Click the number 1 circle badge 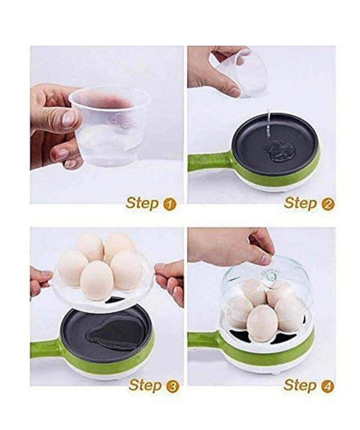click(x=170, y=204)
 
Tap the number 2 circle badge click(x=328, y=204)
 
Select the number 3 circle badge click(x=173, y=387)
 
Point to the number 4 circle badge click(x=328, y=387)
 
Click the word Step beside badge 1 click(x=143, y=204)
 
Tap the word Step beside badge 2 click(x=301, y=204)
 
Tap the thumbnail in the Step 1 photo click(x=68, y=119)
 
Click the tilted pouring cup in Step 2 click(x=241, y=72)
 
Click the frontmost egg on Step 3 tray click(x=97, y=281)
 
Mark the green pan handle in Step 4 click(x=206, y=339)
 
